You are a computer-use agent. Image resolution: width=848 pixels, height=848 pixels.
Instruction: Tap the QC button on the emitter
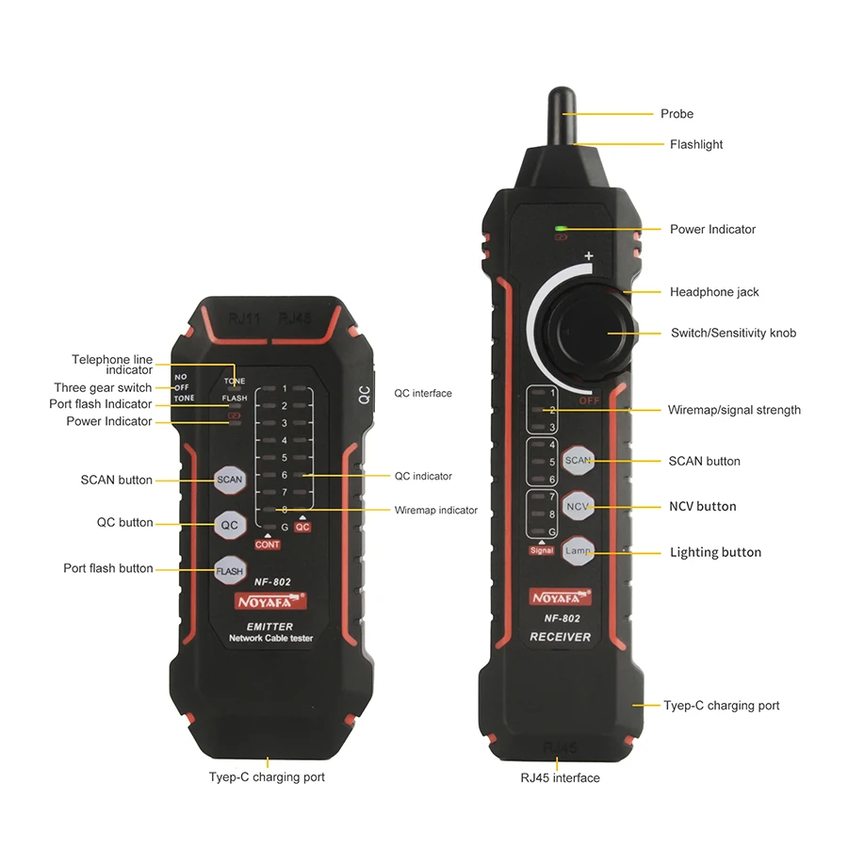pyautogui.click(x=230, y=525)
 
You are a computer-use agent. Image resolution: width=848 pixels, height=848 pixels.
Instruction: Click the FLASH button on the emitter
pyautogui.click(x=230, y=571)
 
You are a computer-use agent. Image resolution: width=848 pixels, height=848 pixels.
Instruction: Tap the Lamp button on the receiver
pyautogui.click(x=578, y=550)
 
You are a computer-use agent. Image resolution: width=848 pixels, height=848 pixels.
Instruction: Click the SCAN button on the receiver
pyautogui.click(x=578, y=460)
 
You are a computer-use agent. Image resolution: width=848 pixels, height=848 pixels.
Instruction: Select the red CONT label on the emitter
pyautogui.click(x=268, y=545)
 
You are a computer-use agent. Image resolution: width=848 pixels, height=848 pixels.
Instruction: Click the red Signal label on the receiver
pyautogui.click(x=542, y=550)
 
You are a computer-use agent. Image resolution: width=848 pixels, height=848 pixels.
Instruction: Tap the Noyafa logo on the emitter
pyautogui.click(x=270, y=601)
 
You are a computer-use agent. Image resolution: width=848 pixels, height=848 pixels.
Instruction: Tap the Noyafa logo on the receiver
pyautogui.click(x=561, y=597)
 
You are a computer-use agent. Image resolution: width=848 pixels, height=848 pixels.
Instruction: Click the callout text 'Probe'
pyautogui.click(x=677, y=114)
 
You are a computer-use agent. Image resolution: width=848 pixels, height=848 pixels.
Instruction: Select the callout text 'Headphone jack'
pyautogui.click(x=714, y=292)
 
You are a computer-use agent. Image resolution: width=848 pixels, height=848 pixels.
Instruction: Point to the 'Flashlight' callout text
pyautogui.click(x=696, y=144)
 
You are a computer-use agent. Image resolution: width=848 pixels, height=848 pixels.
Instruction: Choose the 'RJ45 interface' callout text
pyautogui.click(x=560, y=777)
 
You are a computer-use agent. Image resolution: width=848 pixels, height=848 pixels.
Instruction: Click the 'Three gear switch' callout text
pyautogui.click(x=103, y=388)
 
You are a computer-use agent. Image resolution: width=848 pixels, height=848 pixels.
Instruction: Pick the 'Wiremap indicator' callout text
pyautogui.click(x=435, y=510)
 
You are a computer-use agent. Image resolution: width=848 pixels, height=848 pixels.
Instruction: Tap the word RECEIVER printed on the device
pyautogui.click(x=561, y=637)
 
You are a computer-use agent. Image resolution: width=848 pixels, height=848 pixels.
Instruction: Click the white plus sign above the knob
pyautogui.click(x=588, y=255)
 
